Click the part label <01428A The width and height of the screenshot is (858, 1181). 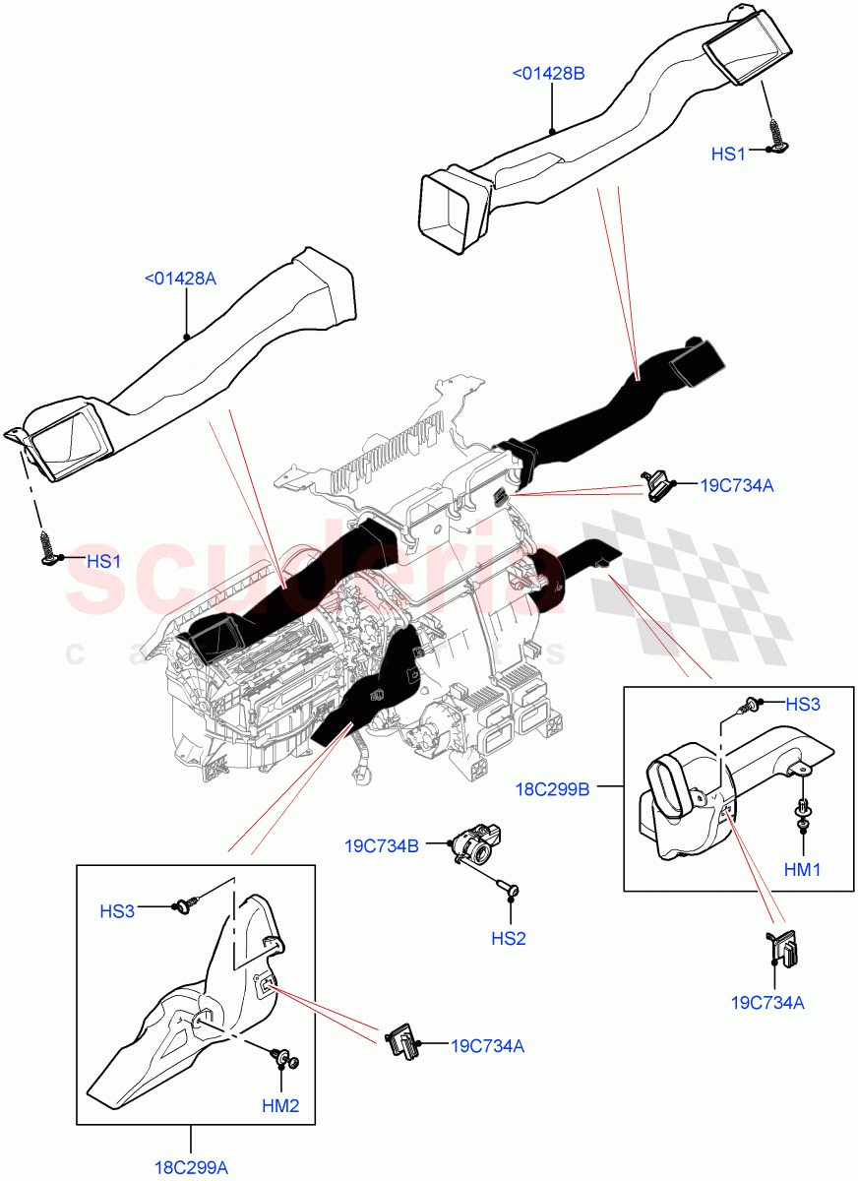[x=180, y=279]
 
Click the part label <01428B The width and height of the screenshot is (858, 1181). [x=548, y=72]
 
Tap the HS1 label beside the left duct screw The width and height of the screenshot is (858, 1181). [x=103, y=561]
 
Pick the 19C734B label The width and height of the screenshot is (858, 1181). [x=382, y=845]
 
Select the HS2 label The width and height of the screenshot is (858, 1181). [x=509, y=939]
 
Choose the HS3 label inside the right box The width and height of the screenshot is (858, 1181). [x=803, y=705]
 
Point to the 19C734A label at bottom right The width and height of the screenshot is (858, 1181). [x=767, y=1003]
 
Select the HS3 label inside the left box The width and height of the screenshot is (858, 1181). [x=117, y=911]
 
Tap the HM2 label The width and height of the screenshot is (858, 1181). [x=280, y=1106]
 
